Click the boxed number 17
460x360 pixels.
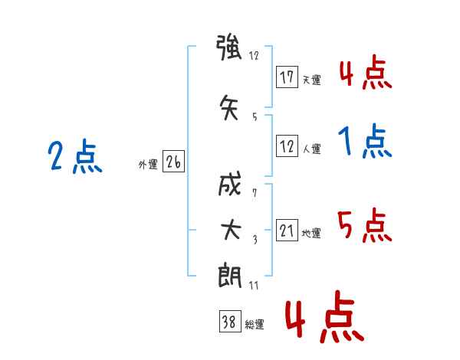(287, 77)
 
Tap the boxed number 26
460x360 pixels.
(174, 162)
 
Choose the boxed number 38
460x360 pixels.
(229, 322)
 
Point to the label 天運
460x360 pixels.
(311, 80)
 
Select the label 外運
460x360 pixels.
(147, 164)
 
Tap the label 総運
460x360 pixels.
(254, 324)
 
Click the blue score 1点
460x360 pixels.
(365, 142)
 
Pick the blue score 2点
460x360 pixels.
(74, 158)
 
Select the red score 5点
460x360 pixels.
(365, 225)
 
